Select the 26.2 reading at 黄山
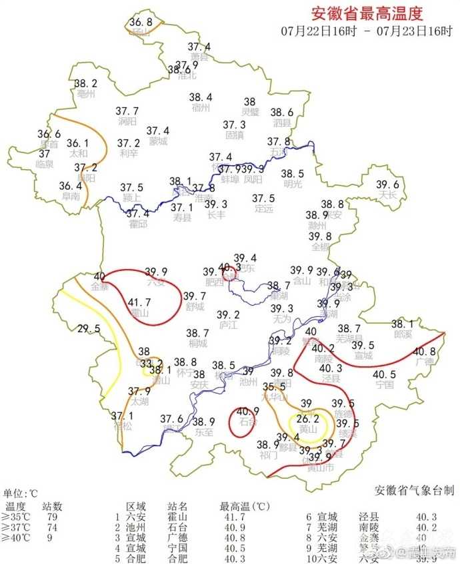pos(308,420)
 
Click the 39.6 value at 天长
pos(387,185)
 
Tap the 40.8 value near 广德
pos(424,352)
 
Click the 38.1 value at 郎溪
pos(403,324)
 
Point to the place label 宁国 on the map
pos(385,385)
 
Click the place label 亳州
pos(86,94)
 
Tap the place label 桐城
pos(197,344)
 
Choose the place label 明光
pos(293,184)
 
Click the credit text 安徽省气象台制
pos(414,491)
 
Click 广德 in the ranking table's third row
pos(177,537)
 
